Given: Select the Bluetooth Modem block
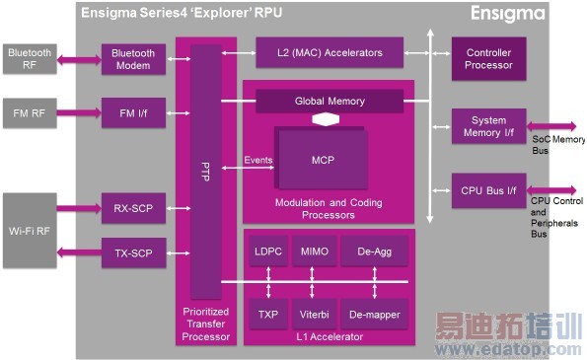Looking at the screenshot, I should click(133, 58).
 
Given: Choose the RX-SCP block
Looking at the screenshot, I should click(133, 208).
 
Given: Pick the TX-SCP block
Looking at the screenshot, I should click(133, 253).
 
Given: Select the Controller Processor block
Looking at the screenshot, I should click(489, 58).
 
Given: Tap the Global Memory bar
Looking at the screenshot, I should click(329, 101).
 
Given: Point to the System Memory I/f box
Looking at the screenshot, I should click(489, 125).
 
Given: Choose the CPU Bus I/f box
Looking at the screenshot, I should click(489, 188).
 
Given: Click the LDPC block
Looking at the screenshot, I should click(268, 252).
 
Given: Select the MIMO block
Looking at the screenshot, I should click(316, 252).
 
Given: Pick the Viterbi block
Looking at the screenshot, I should click(316, 316).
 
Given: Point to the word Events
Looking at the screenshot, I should click(258, 160).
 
